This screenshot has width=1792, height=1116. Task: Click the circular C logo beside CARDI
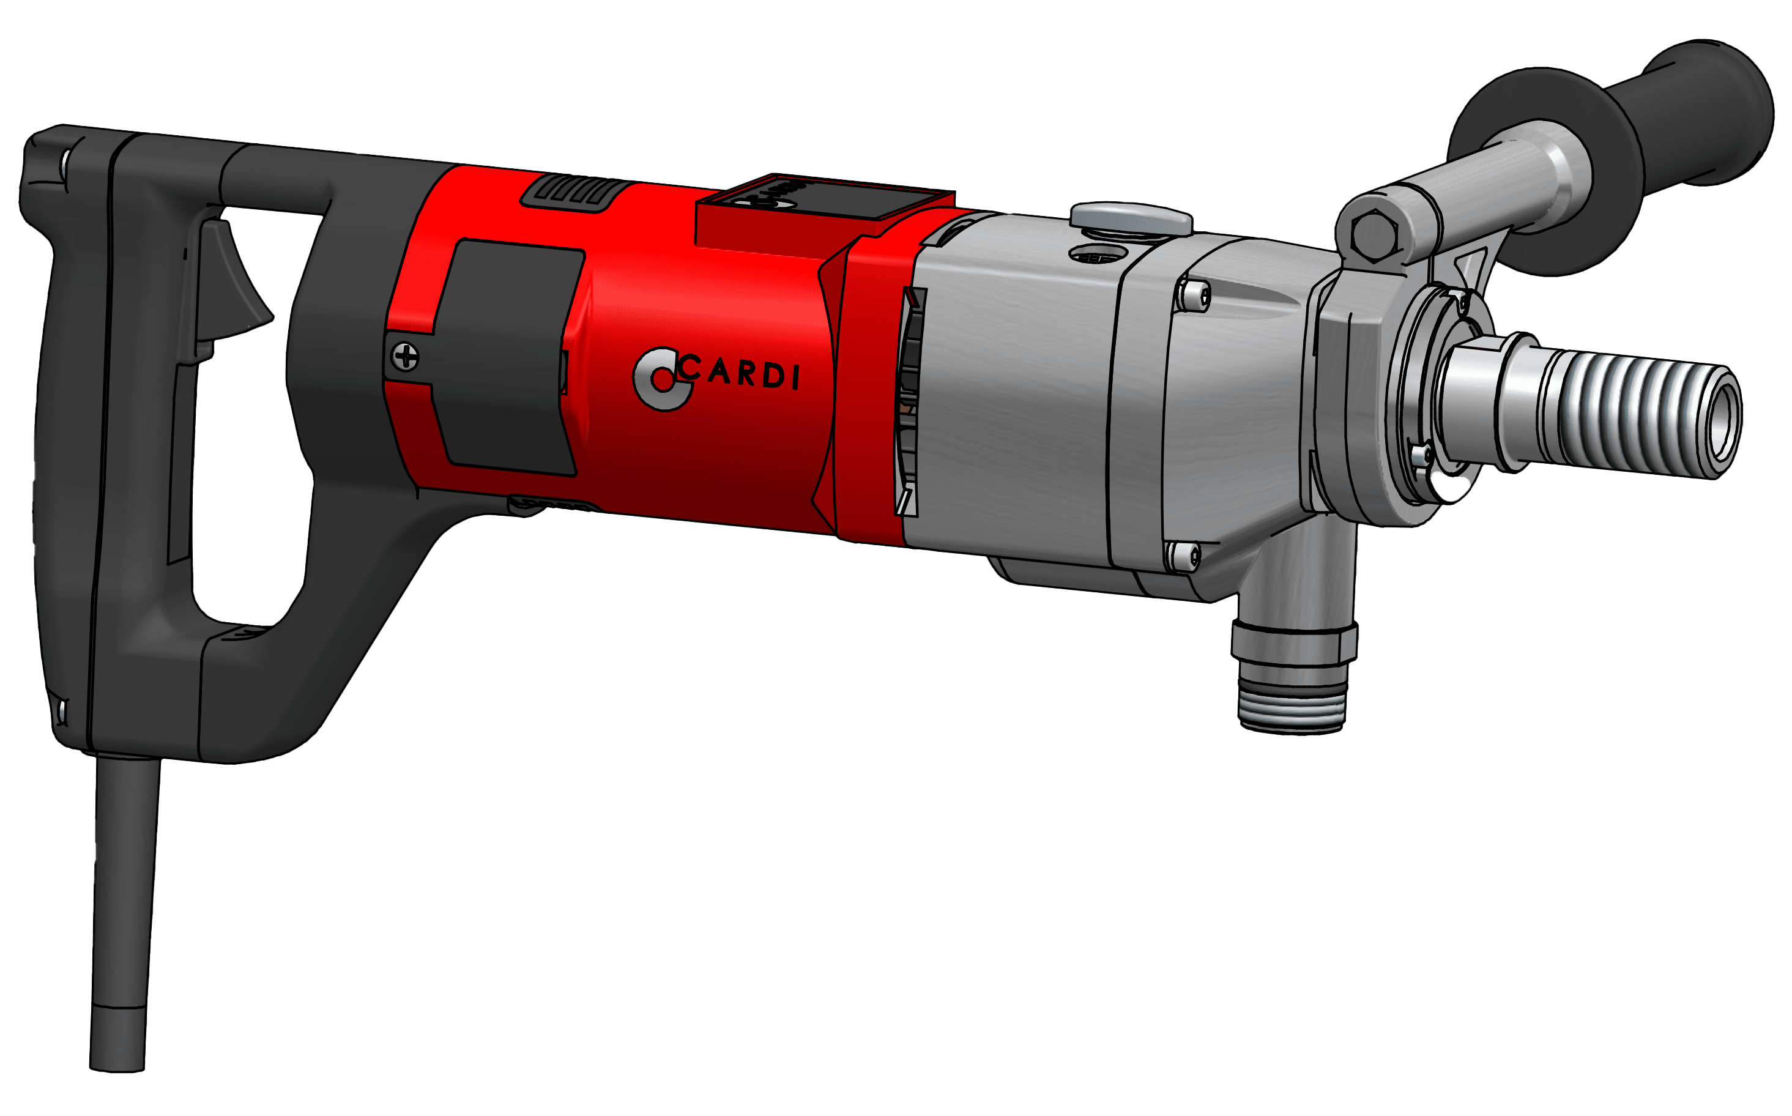click(659, 379)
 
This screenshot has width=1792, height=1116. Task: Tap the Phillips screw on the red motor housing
click(405, 357)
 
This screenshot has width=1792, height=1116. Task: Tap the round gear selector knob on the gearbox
click(1131, 218)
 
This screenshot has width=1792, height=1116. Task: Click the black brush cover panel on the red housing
click(509, 354)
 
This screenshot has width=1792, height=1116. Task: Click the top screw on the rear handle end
click(65, 160)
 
